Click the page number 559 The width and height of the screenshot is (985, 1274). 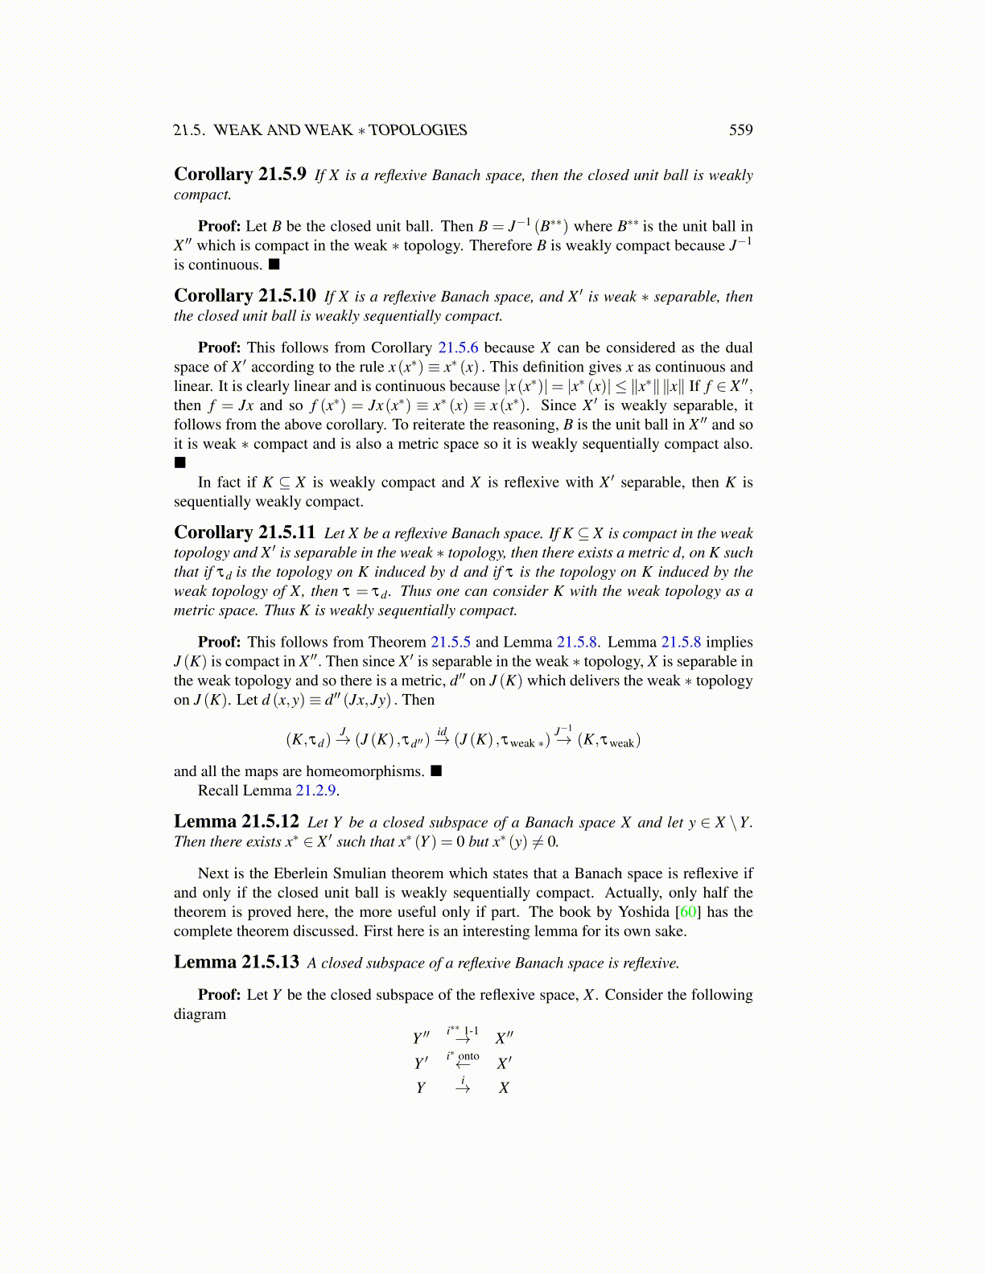pos(740,130)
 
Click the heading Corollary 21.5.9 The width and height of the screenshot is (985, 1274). pos(240,175)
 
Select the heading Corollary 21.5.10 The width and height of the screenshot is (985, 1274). pos(245,296)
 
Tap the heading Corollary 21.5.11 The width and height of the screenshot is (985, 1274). pos(245,532)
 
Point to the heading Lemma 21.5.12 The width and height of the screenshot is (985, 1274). pos(237,821)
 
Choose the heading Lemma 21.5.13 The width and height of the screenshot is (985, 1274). pos(237,962)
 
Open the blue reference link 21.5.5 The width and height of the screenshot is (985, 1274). pos(451,642)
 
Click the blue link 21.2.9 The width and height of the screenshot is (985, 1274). pos(315,790)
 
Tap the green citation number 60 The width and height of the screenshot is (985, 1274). pos(689,911)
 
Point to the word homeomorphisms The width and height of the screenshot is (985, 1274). pos(365,771)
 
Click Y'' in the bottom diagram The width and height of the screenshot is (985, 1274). pos(421,1038)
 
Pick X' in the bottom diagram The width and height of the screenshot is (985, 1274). pos(504,1063)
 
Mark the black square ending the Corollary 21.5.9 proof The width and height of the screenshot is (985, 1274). pos(274,265)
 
